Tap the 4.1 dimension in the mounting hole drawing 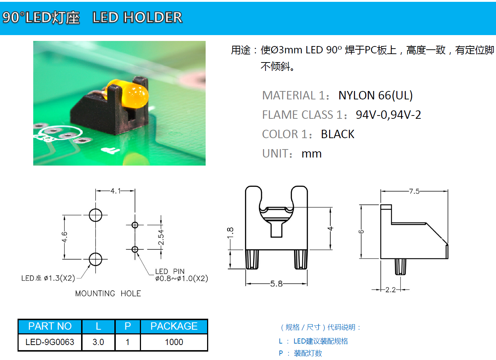116,191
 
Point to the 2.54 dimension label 161,237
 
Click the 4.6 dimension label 64,237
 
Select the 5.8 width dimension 276,284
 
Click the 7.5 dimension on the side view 414,191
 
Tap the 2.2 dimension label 390,289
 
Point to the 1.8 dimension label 230,233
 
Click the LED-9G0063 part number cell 50,342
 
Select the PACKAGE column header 174,326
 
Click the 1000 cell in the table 174,342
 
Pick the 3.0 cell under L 98,342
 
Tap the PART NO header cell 50,326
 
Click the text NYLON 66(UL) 375,95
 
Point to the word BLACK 337,134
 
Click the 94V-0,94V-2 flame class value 388,115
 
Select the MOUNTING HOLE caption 108,293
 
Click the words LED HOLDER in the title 137,17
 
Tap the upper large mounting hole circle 96,215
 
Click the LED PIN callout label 170,271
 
